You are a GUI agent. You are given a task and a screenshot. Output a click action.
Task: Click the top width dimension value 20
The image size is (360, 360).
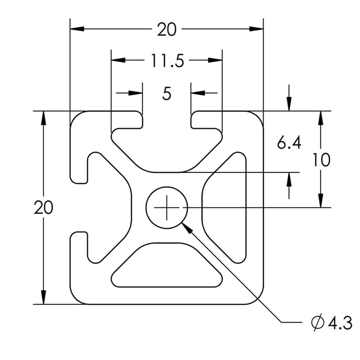click(166, 30)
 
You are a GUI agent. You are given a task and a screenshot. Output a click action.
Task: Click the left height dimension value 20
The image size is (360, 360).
click(44, 207)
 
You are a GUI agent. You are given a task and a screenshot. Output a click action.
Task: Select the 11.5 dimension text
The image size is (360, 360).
click(167, 60)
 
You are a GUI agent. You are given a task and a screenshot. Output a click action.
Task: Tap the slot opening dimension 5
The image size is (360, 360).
click(167, 94)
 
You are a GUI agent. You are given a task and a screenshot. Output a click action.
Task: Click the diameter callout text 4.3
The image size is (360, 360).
click(340, 323)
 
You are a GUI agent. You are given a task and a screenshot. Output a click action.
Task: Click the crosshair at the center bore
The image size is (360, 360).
click(166, 207)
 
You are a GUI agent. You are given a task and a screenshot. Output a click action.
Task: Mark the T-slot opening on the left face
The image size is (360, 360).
click(79, 207)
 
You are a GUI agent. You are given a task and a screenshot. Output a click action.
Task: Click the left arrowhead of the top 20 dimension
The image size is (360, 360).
click(76, 30)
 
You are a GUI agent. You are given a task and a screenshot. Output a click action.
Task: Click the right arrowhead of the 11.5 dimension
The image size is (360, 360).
click(216, 60)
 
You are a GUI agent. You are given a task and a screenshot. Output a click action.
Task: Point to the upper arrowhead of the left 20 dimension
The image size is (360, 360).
click(44, 118)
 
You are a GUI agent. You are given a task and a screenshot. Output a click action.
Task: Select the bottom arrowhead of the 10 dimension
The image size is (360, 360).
click(321, 200)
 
